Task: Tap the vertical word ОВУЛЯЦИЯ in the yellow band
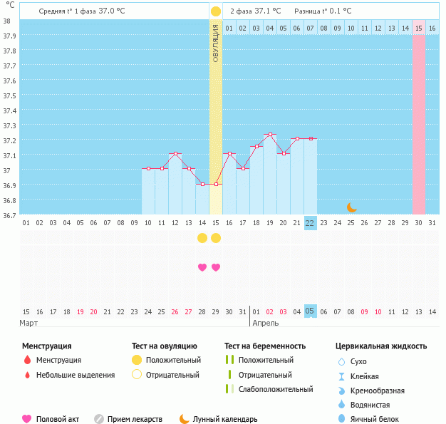pyautogui.click(x=216, y=43)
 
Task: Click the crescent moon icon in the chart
pyautogui.click(x=351, y=207)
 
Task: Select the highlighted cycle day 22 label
pyautogui.click(x=310, y=222)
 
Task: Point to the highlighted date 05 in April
pyautogui.click(x=310, y=311)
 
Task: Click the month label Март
pyautogui.click(x=29, y=323)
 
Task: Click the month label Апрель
pyautogui.click(x=266, y=323)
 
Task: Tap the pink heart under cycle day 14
pyautogui.click(x=202, y=267)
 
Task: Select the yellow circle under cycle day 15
pyautogui.click(x=216, y=237)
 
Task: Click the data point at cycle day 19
pyautogui.click(x=270, y=134)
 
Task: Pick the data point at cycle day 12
pyautogui.click(x=175, y=154)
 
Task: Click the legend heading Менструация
pyautogui.click(x=46, y=346)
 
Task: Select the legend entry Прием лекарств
pyautogui.click(x=135, y=420)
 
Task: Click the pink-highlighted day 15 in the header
pyautogui.click(x=419, y=28)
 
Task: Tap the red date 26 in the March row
pyautogui.click(x=175, y=311)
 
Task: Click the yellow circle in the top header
pyautogui.click(x=216, y=11)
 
